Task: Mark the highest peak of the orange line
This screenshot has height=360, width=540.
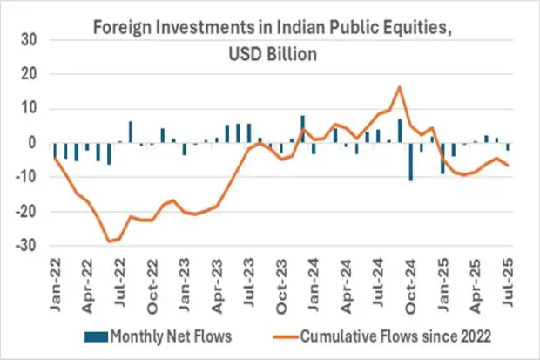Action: pyautogui.click(x=399, y=87)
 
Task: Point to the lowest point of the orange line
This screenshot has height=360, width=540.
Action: pyautogui.click(x=110, y=241)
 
